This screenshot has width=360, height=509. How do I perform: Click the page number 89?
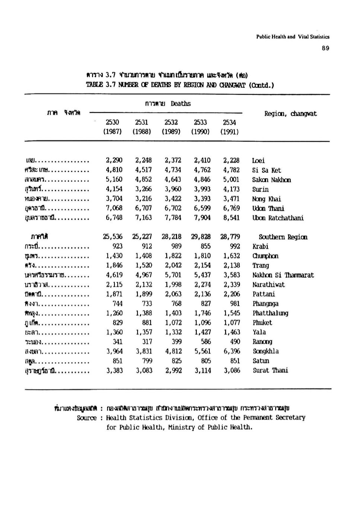326,48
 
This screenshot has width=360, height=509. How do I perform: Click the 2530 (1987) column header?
113,127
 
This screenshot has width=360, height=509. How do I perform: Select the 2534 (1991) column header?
230,127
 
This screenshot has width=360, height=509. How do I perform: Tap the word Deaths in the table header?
181,104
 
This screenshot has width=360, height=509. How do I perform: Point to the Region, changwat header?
290,114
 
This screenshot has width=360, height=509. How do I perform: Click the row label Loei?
259,160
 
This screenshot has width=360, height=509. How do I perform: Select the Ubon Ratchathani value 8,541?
231,218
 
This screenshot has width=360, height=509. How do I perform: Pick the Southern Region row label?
283,237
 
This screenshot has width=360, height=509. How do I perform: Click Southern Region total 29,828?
202,237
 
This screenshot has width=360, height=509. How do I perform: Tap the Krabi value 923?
117,246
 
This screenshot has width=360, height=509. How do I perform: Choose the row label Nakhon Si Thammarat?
283,275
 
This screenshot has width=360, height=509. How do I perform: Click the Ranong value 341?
117,341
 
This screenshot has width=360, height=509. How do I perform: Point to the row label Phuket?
262,322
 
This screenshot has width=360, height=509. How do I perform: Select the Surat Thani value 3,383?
114,370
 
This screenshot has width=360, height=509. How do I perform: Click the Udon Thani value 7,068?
114,208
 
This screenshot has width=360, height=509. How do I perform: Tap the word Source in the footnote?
86,418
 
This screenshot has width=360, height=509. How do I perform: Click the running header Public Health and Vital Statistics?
293,36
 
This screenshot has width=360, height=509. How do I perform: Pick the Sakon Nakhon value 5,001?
231,179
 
